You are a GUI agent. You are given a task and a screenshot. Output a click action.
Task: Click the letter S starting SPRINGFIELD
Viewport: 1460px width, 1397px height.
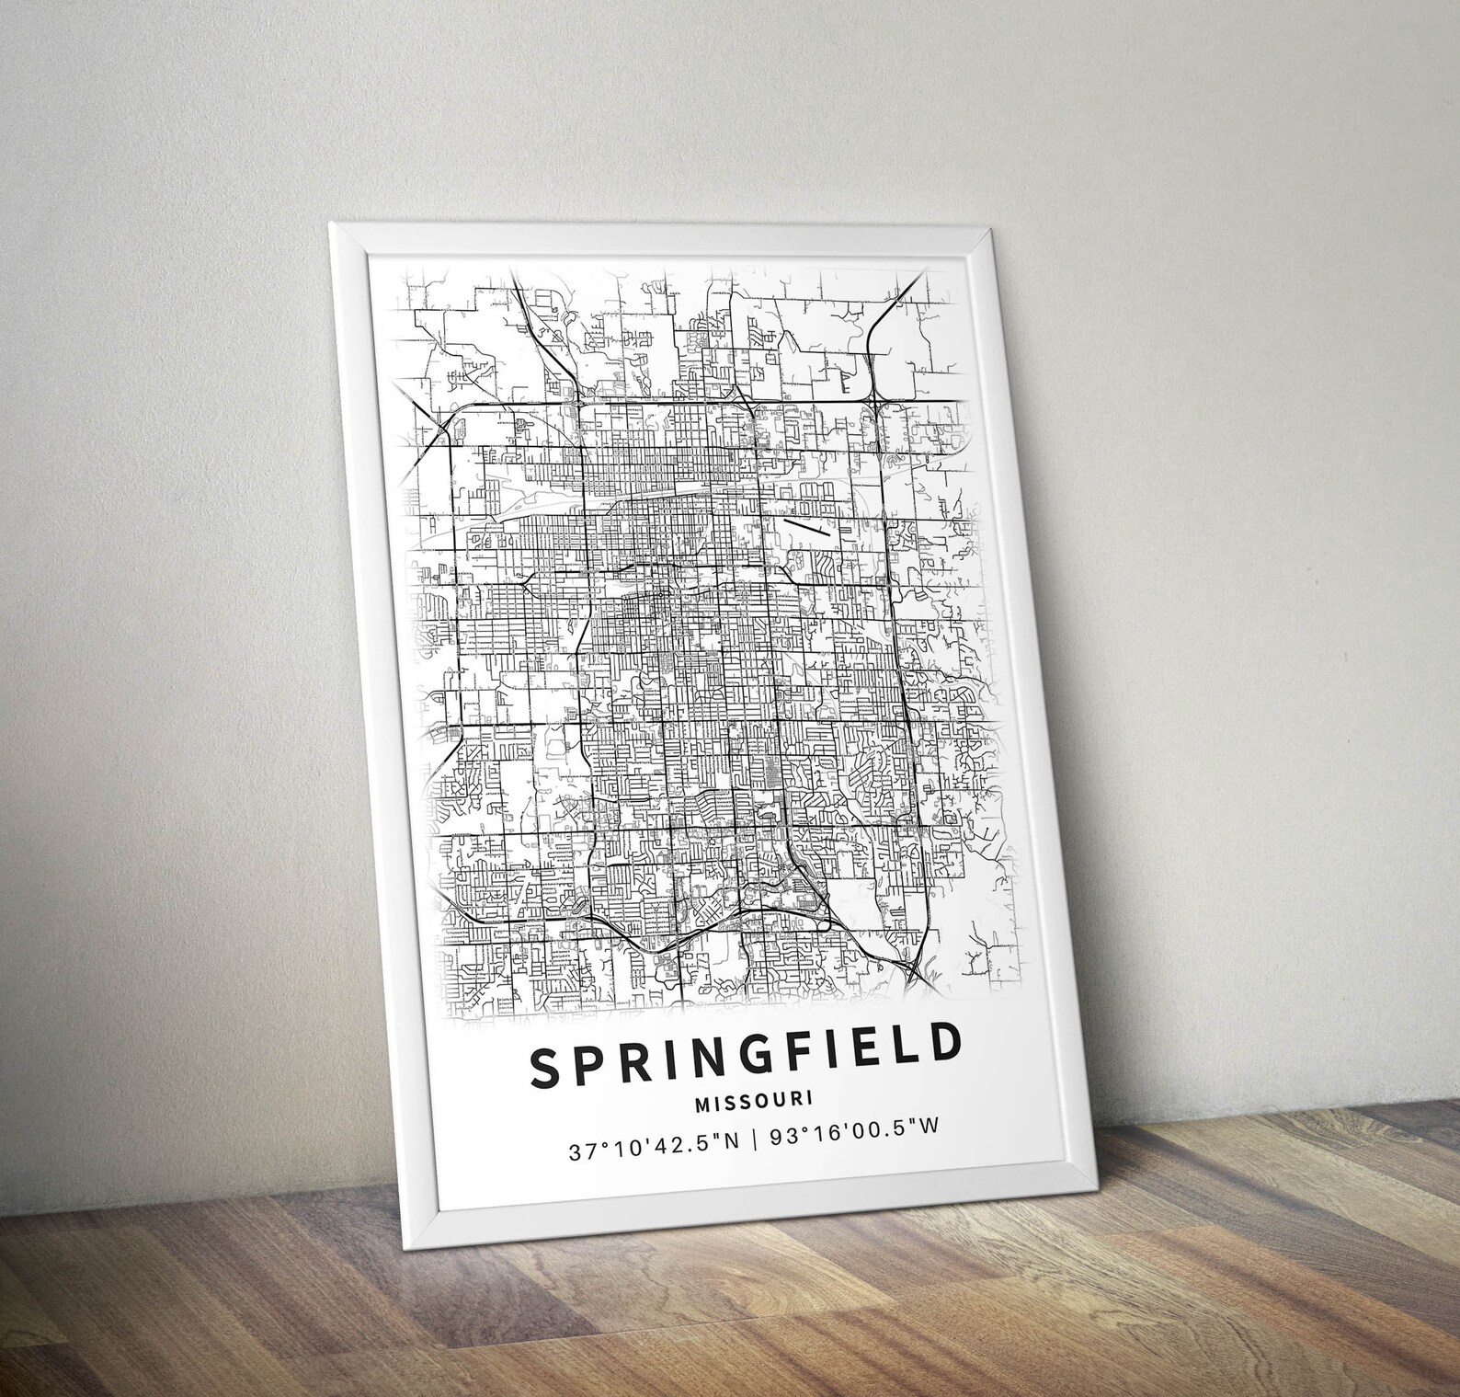pyautogui.click(x=543, y=1070)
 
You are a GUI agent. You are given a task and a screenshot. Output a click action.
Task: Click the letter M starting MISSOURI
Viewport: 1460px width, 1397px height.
pyautogui.click(x=701, y=1104)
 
